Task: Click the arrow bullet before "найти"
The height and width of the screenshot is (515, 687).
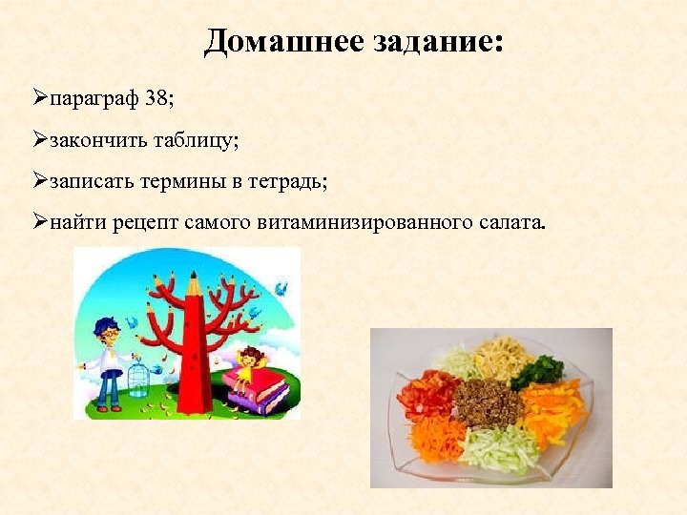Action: click(39, 224)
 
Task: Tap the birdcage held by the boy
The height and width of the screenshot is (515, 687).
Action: click(139, 378)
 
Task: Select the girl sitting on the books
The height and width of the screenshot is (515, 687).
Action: click(251, 368)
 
